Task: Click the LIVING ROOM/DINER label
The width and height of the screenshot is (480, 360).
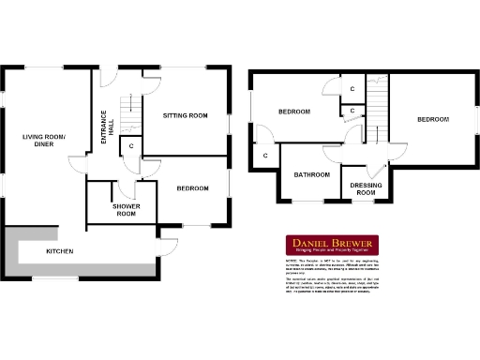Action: click(x=44, y=141)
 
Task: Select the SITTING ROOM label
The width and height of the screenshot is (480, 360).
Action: click(x=185, y=115)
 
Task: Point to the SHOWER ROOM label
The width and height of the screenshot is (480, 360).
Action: click(x=126, y=210)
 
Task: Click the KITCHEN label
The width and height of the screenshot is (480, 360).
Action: click(x=62, y=251)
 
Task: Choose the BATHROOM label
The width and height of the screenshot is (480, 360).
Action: click(x=311, y=174)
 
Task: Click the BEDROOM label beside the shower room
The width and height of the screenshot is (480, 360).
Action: click(x=192, y=188)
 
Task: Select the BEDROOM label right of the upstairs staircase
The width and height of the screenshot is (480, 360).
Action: click(x=433, y=119)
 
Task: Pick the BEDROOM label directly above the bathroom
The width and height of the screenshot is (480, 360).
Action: click(x=293, y=112)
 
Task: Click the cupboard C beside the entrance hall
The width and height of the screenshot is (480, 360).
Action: click(x=131, y=146)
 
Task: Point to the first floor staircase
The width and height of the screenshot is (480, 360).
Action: click(x=377, y=98)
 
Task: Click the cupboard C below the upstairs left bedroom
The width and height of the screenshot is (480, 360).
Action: click(x=265, y=155)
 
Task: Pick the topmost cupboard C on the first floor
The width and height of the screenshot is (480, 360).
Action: click(x=352, y=88)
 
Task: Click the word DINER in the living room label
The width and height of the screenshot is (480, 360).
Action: click(x=44, y=145)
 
